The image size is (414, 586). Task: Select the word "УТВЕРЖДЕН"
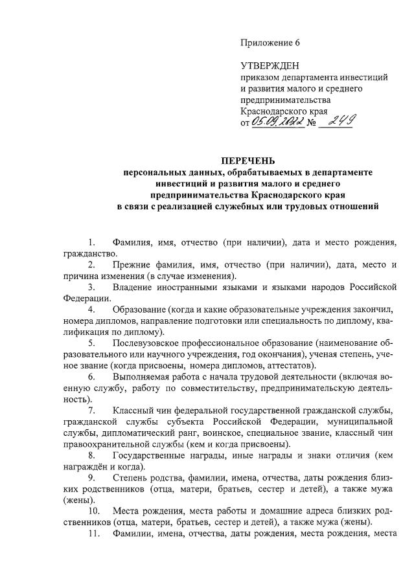(266, 66)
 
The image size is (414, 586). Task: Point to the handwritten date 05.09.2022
(277, 123)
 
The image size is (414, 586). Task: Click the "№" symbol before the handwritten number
(310, 124)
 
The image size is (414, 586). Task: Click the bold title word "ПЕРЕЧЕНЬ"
(248, 160)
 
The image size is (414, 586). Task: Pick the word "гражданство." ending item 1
(90, 254)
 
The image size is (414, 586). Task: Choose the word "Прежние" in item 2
(132, 265)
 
